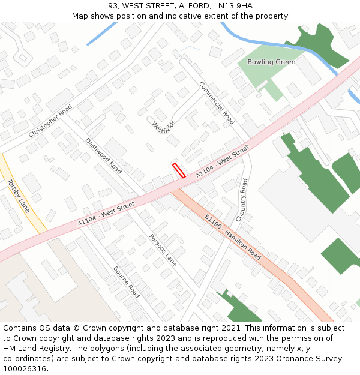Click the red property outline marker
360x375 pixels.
point(179,170)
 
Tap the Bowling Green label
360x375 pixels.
point(272,62)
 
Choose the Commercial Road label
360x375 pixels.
point(217,103)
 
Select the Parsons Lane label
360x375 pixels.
point(163,250)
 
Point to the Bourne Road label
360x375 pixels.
point(127,282)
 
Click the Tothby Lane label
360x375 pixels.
point(18,195)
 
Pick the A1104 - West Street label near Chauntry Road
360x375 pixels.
point(222,162)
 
